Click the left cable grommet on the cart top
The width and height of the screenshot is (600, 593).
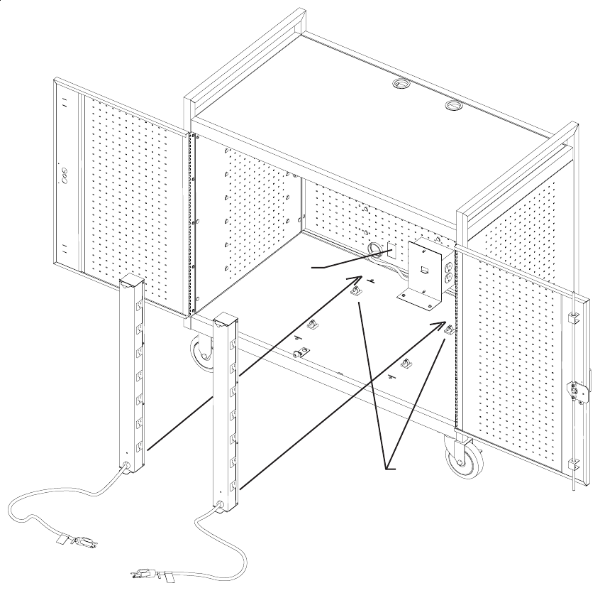pos(402,85)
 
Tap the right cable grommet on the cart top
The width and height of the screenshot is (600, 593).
pos(453,107)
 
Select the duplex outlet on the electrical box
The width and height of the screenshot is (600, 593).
pos(448,273)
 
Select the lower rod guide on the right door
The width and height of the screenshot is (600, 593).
pos(573,465)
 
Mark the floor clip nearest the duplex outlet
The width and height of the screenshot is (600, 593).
pos(448,329)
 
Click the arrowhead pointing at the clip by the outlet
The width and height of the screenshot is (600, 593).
pos(440,325)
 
